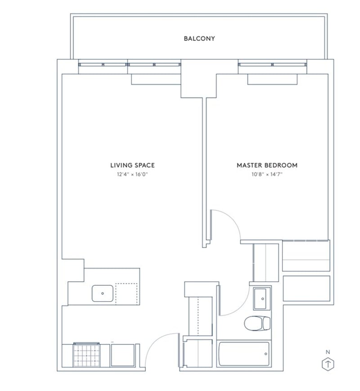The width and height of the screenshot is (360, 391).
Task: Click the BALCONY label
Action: tap(199, 38)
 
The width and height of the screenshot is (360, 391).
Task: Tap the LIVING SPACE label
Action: tap(132, 165)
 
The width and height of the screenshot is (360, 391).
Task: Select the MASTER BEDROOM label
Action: tap(267, 165)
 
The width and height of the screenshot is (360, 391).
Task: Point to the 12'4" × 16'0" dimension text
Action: tap(132, 174)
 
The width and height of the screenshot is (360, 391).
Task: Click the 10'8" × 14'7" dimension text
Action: tap(267, 174)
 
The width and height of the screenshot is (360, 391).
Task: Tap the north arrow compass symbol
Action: tap(328, 364)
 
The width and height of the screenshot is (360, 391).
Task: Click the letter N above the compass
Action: tap(328, 352)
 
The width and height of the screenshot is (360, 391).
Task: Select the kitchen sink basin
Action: tap(103, 293)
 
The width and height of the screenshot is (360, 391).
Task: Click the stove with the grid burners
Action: tap(86, 355)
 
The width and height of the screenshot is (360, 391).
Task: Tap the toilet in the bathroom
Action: tap(257, 323)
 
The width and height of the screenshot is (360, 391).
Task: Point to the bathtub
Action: tap(244, 354)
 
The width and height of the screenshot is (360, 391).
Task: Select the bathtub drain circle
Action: tap(265, 354)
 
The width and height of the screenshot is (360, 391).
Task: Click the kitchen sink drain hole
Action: tap(103, 293)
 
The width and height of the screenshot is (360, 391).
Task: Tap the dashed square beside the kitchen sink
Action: tap(126, 294)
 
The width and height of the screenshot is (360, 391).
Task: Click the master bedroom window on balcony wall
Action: tap(272, 65)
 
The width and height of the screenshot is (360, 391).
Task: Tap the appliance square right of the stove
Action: tap(122, 355)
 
